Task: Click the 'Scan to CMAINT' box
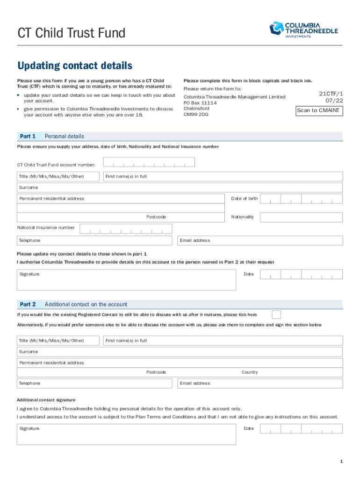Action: [319, 111]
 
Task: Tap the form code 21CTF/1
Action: [331, 94]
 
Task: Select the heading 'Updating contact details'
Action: [75, 66]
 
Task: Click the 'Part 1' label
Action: [28, 136]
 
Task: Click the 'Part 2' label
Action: [28, 304]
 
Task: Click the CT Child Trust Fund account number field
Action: [149, 162]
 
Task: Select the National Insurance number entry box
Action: [126, 229]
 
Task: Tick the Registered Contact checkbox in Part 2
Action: [276, 314]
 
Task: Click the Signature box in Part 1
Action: [126, 280]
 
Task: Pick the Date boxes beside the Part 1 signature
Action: [302, 275]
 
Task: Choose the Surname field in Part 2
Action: [180, 352]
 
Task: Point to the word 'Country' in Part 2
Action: [250, 372]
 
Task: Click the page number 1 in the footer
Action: [342, 462]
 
